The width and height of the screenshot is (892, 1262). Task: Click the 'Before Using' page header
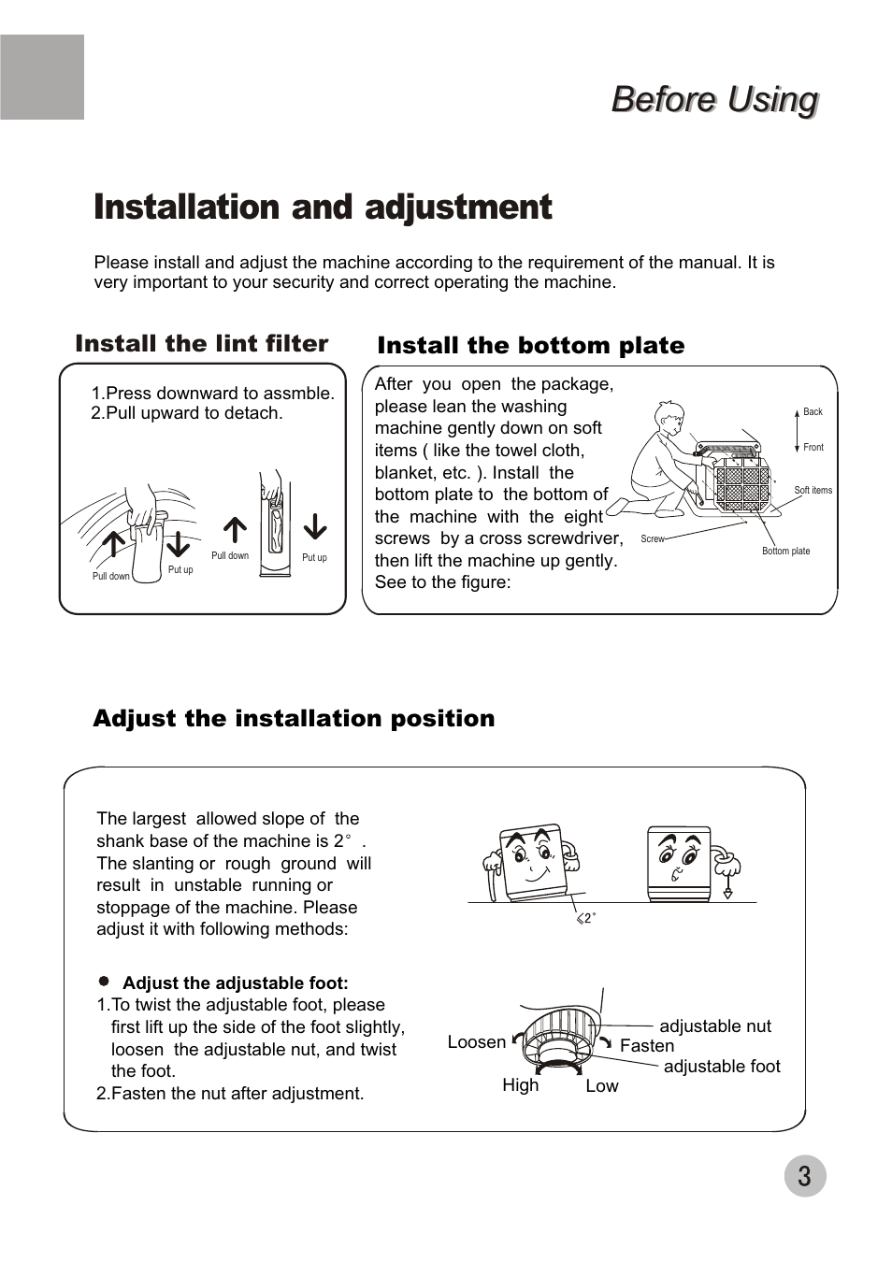coord(714,99)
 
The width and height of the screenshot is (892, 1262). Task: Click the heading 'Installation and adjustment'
coord(323,208)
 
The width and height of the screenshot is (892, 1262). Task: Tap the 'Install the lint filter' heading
coord(202,343)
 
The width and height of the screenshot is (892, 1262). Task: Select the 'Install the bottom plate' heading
coord(530,346)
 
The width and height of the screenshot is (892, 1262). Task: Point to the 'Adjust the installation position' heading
coord(294,718)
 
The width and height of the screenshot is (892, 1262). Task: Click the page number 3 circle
coord(804,1176)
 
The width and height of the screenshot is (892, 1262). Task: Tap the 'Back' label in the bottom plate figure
coord(813,411)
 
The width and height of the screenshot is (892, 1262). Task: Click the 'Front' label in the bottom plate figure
coord(813,447)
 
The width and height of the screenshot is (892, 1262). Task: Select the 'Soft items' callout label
coord(813,490)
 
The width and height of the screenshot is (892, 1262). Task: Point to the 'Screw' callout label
coord(652,539)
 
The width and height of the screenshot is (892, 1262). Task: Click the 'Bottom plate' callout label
coord(785,551)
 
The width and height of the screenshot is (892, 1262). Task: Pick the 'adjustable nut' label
coord(715,1026)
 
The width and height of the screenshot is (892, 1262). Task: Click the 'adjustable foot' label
coord(722,1067)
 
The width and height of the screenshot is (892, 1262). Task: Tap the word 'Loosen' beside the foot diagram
coord(477,1042)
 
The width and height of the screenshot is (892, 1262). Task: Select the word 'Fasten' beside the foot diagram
coord(647,1046)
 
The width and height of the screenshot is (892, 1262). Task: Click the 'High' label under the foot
coord(521,1085)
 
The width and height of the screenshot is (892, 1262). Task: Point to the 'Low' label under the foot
coord(602,1086)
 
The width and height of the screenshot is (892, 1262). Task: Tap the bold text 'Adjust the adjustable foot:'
coord(235,983)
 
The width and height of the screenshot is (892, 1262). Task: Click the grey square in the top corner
coord(42,77)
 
